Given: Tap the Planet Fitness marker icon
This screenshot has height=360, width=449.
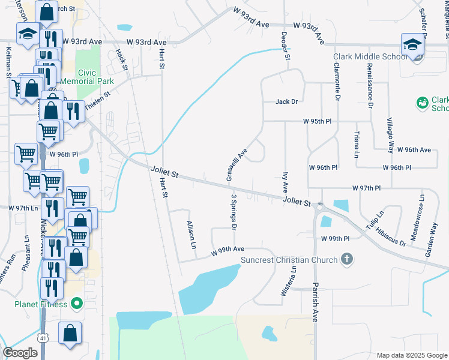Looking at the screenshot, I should (76, 304).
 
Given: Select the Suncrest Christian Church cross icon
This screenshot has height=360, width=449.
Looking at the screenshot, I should (346, 260).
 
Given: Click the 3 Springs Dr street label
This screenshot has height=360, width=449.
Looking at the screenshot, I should (234, 212).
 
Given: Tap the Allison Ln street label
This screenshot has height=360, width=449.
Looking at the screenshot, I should (191, 235).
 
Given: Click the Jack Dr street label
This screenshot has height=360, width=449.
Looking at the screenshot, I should (286, 102).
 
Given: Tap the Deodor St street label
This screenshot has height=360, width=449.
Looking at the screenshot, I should (286, 46).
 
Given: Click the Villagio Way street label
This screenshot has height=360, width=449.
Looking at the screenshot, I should (390, 135).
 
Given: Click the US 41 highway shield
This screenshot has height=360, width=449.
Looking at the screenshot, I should (43, 338).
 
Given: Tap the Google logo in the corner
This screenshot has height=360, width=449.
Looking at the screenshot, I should (20, 353).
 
